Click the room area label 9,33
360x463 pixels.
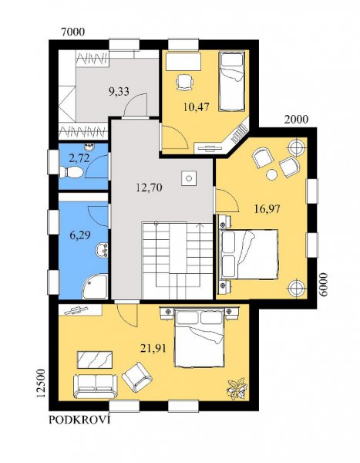[119, 92]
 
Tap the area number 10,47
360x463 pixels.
[197, 106]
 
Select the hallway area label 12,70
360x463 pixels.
[149, 188]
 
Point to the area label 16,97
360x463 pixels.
[267, 209]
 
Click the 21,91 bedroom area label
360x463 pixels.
[153, 349]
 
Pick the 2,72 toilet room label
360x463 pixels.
[79, 158]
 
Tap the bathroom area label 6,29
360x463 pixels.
[80, 235]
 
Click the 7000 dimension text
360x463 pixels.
[72, 32]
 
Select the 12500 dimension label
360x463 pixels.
[40, 384]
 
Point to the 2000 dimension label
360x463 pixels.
[296, 120]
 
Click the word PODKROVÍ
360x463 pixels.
[79, 420]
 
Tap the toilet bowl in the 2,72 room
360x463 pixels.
[71, 172]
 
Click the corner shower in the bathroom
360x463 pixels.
[95, 286]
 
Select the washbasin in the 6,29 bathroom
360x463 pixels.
[102, 250]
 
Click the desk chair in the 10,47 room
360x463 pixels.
[185, 82]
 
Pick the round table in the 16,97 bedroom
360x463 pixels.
[272, 175]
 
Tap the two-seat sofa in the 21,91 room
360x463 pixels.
[96, 387]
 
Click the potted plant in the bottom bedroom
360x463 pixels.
[236, 389]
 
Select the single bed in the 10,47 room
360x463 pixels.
[232, 82]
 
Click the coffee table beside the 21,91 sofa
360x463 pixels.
[95, 360]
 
